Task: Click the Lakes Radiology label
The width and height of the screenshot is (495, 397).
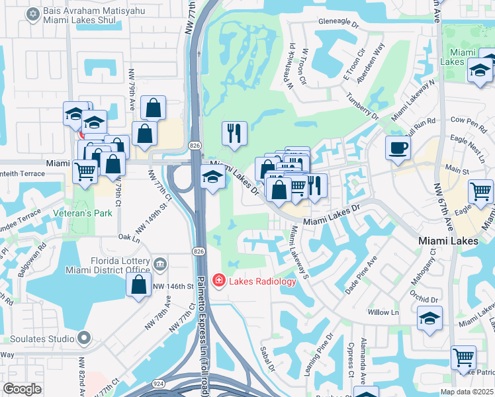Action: point(263,281)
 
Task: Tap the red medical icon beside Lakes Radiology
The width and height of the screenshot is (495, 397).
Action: point(218,281)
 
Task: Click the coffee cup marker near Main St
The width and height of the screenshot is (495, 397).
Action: point(398,148)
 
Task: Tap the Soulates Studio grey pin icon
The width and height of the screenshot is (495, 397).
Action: point(83,339)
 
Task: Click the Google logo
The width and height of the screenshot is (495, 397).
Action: point(22,389)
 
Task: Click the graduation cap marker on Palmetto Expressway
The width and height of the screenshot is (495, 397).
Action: point(212,177)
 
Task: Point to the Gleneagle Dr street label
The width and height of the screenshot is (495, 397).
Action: point(339,21)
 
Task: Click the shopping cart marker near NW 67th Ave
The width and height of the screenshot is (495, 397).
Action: point(480,191)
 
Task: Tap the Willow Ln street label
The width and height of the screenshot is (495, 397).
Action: point(384,312)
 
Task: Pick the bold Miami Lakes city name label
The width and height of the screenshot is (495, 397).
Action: point(449,242)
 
